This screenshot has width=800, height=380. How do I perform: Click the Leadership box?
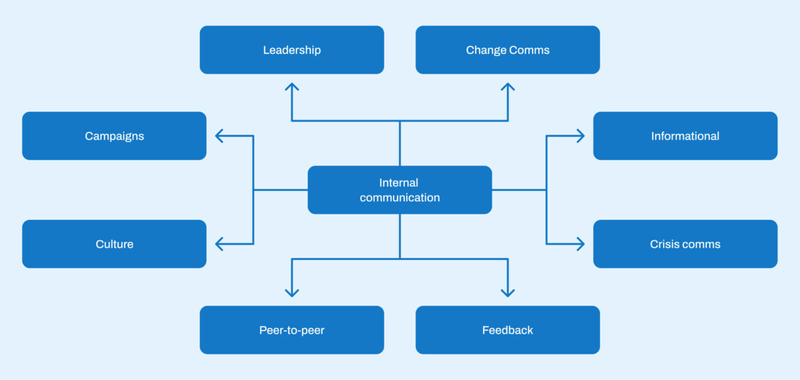(292, 50)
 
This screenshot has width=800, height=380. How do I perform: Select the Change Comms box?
(507, 50)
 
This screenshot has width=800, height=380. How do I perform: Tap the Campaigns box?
(114, 136)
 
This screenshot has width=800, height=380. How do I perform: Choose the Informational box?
(685, 136)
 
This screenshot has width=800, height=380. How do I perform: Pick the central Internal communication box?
(400, 190)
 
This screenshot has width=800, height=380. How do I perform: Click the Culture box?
(114, 244)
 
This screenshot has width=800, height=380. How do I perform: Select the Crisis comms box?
(685, 244)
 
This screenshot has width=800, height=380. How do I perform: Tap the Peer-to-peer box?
(292, 330)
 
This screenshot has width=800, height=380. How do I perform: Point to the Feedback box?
(507, 330)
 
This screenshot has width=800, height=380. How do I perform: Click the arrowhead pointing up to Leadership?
(292, 87)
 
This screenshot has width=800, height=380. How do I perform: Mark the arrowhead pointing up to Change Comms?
(507, 87)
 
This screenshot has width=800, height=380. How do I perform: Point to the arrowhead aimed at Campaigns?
(219, 136)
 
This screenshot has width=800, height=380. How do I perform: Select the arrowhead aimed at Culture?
(219, 244)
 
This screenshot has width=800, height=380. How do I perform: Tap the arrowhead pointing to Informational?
(580, 136)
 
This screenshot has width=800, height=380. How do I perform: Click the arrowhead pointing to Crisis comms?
(580, 244)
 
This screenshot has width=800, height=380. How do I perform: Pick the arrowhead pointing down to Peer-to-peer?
(292, 292)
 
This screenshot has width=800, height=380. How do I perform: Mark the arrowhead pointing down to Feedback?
(507, 292)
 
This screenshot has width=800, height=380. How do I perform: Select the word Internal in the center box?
(399, 182)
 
